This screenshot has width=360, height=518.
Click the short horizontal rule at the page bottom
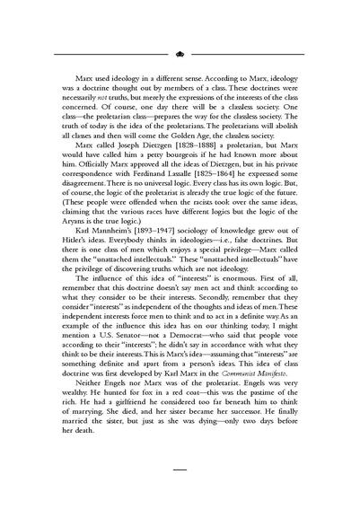coord(180,491)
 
